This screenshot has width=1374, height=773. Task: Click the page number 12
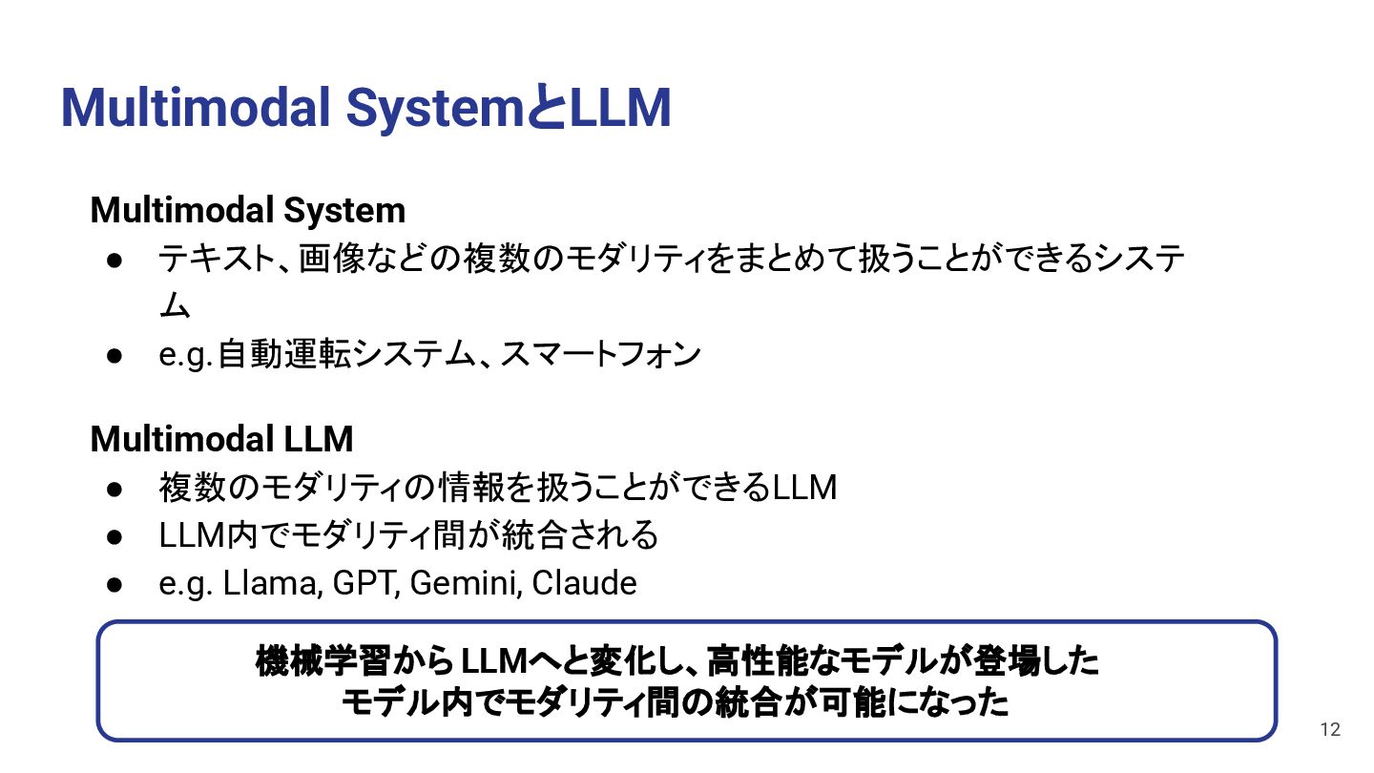coord(1330,730)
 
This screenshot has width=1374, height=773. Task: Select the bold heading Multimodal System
coord(247,210)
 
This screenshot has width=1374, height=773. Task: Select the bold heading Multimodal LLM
coord(221,439)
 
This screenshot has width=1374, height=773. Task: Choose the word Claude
coord(584,583)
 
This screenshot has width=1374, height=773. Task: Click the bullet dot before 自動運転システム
coord(114,355)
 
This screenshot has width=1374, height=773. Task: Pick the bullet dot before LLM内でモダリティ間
coord(114,536)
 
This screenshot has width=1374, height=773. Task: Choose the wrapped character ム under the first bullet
coord(175,306)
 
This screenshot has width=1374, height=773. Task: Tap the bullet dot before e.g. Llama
coord(114,584)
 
